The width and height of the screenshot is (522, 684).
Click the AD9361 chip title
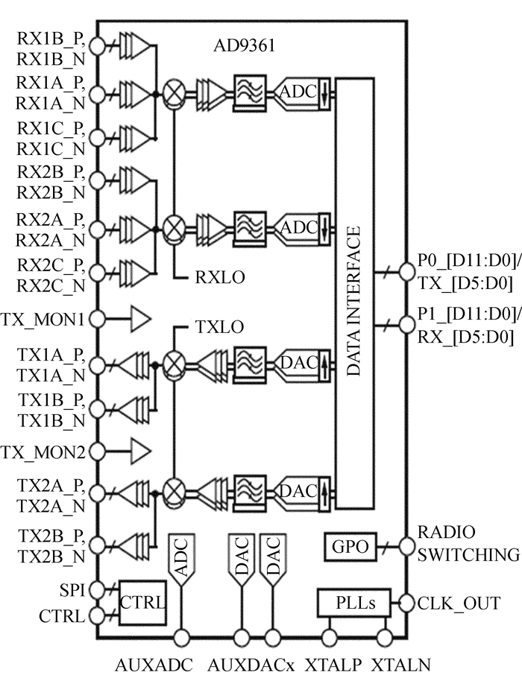[x=245, y=45]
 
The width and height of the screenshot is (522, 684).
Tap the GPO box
[x=350, y=547]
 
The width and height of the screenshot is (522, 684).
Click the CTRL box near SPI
[x=142, y=603]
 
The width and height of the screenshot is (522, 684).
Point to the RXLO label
[x=220, y=277]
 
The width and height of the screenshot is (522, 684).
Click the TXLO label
[x=219, y=327]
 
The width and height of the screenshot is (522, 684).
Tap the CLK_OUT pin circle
[x=406, y=604]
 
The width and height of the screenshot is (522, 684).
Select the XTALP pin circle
[x=330, y=639]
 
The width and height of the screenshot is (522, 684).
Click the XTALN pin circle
[x=385, y=639]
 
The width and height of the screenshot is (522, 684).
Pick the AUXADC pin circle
[x=181, y=639]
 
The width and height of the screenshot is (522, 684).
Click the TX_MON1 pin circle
[x=97, y=319]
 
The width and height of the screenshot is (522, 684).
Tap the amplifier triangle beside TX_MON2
[x=141, y=451]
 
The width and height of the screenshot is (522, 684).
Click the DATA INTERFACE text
[x=354, y=301]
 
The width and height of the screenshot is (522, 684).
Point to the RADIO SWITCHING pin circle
[x=406, y=545]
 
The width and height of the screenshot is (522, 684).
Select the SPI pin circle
[x=97, y=590]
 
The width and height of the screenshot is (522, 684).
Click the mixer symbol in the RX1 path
[x=174, y=93]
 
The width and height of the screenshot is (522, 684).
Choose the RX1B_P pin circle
[x=97, y=45]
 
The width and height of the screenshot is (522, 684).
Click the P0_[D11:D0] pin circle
[x=406, y=272]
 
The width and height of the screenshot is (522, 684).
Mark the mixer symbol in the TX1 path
[x=174, y=364]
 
